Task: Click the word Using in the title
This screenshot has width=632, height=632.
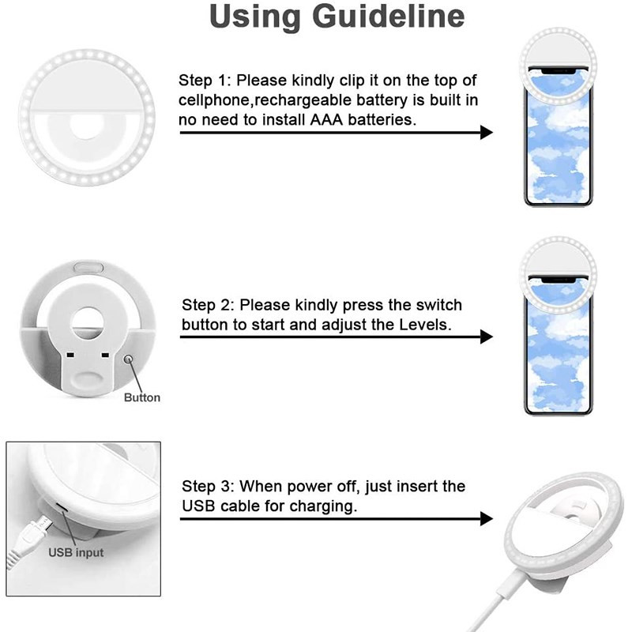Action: pyautogui.click(x=250, y=17)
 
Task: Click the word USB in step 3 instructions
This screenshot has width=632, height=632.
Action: pyautogui.click(x=197, y=506)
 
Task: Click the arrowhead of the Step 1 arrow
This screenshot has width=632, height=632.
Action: pyautogui.click(x=486, y=133)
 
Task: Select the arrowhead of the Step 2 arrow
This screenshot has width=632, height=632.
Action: pyautogui.click(x=486, y=337)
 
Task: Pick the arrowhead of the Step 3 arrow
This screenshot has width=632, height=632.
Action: pyautogui.click(x=486, y=519)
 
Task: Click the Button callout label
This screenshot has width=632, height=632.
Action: pyautogui.click(x=142, y=397)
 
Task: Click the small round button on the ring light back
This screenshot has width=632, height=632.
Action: pyautogui.click(x=129, y=360)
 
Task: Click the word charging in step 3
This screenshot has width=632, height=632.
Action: pyautogui.click(x=322, y=506)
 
